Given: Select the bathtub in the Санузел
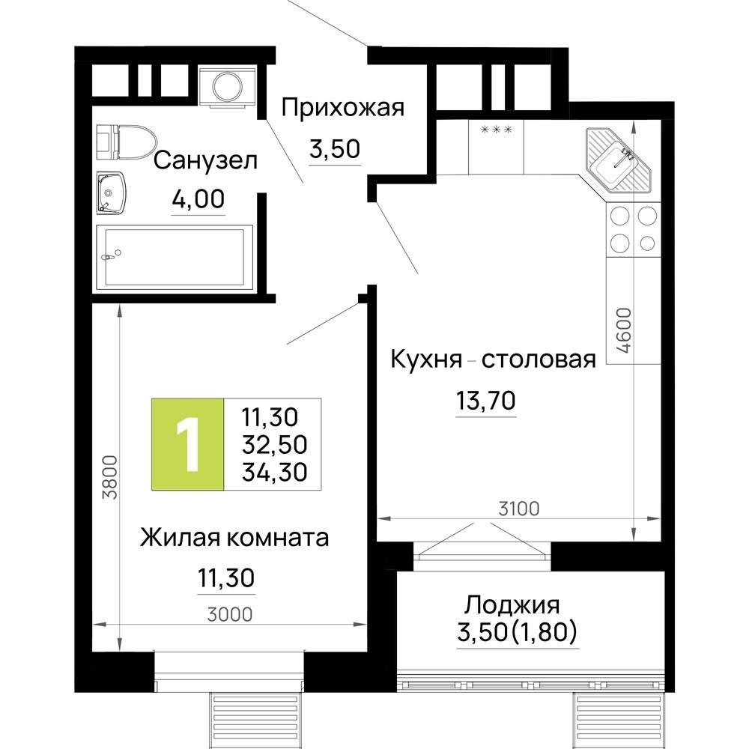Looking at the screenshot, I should [174, 257].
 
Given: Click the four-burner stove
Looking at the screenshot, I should [634, 229].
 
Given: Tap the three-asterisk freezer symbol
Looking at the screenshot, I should [495, 130].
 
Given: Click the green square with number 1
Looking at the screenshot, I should [187, 444].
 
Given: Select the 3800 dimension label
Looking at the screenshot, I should [109, 477].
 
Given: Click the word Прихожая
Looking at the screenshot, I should [342, 108].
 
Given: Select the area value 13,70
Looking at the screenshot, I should [485, 402].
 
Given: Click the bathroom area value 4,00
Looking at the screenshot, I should [198, 200].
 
